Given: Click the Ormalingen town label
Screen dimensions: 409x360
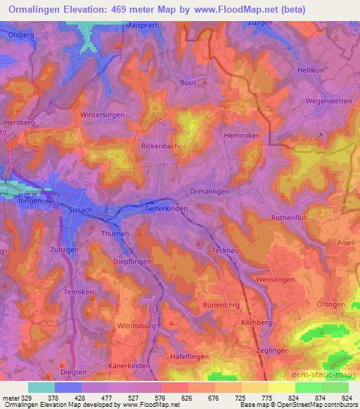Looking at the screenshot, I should click(210, 191).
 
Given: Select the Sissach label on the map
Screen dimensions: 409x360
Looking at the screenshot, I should click(80, 209).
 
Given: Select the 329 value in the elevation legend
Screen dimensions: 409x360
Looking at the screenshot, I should click(28, 397).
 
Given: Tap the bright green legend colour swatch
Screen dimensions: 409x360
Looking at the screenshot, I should click(309, 387).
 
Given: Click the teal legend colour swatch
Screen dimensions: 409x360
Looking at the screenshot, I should click(41, 387).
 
